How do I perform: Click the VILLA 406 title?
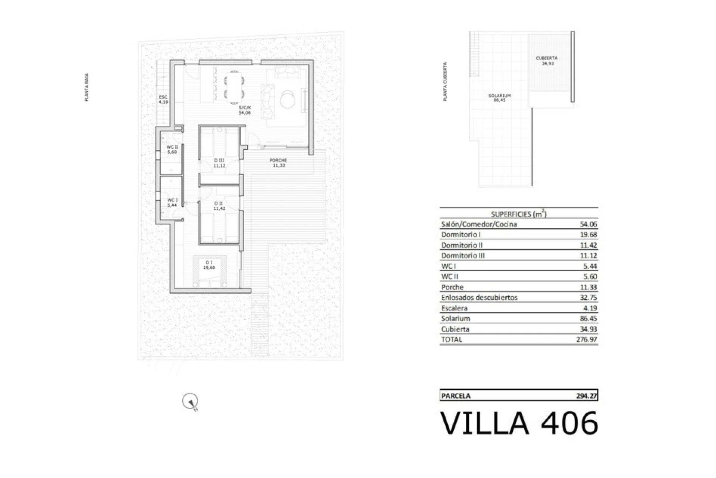(519, 423)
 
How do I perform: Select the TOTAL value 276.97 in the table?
(586, 339)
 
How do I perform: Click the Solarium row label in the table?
(455, 319)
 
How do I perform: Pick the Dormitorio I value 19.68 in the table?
(588, 235)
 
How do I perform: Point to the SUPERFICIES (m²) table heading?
(519, 214)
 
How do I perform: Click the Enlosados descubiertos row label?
(479, 298)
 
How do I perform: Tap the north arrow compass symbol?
(190, 402)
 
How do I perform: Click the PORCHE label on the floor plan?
(278, 163)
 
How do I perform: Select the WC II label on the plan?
(172, 149)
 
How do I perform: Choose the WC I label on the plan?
(172, 202)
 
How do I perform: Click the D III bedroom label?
(219, 162)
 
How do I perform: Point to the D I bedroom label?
(209, 265)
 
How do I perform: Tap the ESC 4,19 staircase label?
(163, 99)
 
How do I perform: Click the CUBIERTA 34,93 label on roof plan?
(547, 60)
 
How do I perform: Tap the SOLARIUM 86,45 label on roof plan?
(499, 98)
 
